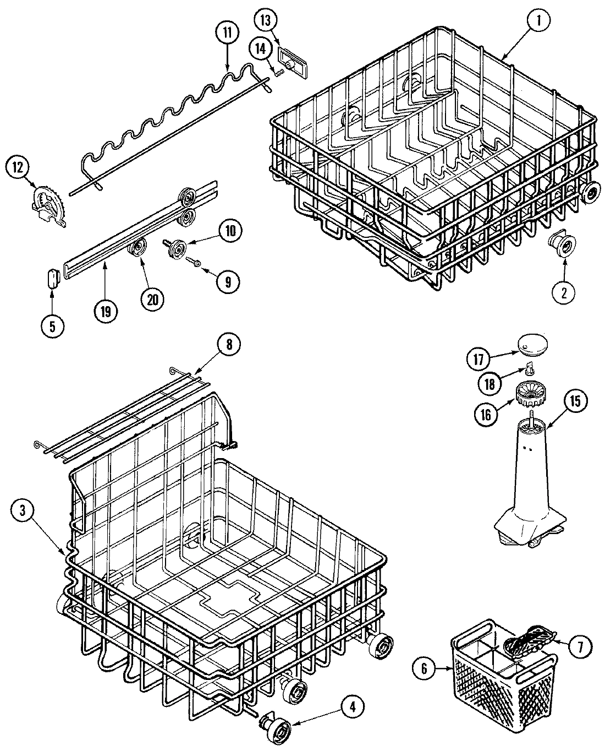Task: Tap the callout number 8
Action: [228, 345]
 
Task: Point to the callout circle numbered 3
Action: [23, 511]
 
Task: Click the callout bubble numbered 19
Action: [106, 311]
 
